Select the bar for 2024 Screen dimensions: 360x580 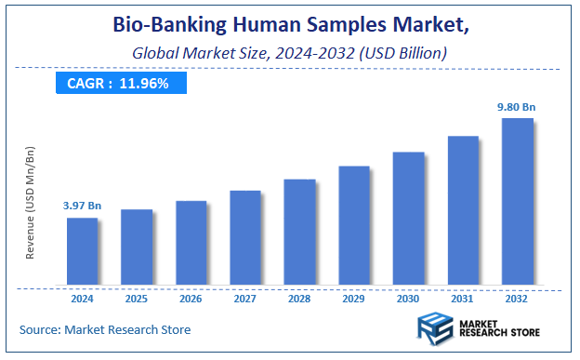(82, 251)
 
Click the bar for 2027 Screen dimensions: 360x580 (245, 237)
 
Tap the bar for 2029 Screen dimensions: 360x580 (354, 225)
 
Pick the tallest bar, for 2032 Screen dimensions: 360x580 (518, 201)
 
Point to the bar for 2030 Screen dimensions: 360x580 (409, 218)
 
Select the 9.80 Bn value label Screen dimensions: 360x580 (518, 107)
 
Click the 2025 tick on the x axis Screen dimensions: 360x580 (137, 299)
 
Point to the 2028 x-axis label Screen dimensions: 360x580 (299, 299)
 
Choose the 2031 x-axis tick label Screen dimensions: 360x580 (463, 299)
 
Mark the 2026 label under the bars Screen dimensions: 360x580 (191, 299)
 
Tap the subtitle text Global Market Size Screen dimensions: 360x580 (204, 53)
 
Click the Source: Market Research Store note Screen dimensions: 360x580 (105, 329)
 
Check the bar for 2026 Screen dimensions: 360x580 (191, 243)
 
